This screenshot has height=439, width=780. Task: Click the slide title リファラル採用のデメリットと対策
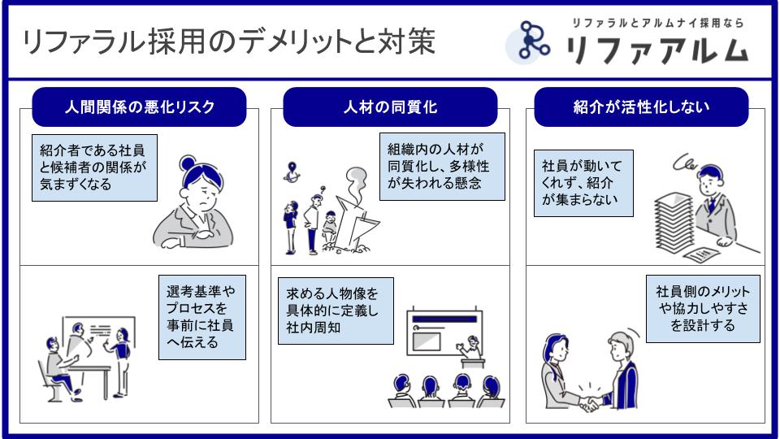[229, 42]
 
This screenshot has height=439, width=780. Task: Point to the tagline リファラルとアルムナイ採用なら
[656, 23]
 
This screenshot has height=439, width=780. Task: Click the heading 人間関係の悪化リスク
[139, 107]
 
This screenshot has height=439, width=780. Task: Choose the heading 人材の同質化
[390, 107]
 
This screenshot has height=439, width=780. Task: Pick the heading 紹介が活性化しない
[641, 107]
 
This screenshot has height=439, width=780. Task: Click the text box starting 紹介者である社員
[94, 167]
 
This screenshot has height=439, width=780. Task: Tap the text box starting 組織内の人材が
[443, 167]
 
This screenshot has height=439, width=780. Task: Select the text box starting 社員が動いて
[583, 183]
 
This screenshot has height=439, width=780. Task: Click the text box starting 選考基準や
[201, 316]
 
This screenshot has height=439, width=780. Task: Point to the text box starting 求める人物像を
[335, 311]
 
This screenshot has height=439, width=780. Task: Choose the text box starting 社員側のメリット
[703, 308]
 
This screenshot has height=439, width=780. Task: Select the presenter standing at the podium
[470, 347]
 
